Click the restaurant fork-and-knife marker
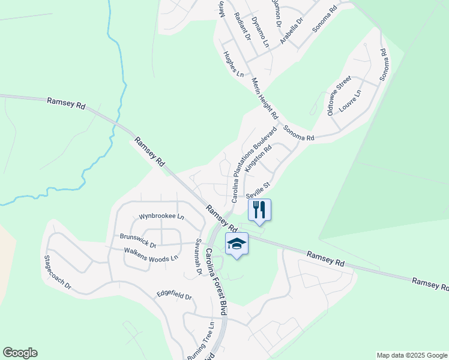coord(259,209)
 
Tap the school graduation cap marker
coord(237,244)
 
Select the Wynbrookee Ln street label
coord(161,216)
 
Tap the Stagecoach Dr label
coord(58,272)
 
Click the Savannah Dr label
coord(197,257)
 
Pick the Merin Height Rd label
coord(265,98)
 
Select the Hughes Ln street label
coord(234,64)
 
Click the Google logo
coord(20,353)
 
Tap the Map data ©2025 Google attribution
coord(412,355)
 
